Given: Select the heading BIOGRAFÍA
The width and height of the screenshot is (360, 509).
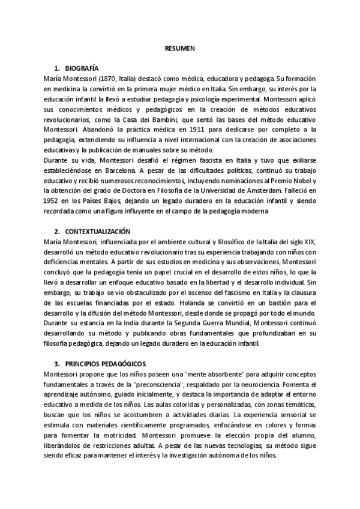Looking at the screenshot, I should pos(82,68).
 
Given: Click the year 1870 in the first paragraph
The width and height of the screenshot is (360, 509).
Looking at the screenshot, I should pos(103,79).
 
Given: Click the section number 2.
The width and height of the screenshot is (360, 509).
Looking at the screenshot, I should pos(56,231).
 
